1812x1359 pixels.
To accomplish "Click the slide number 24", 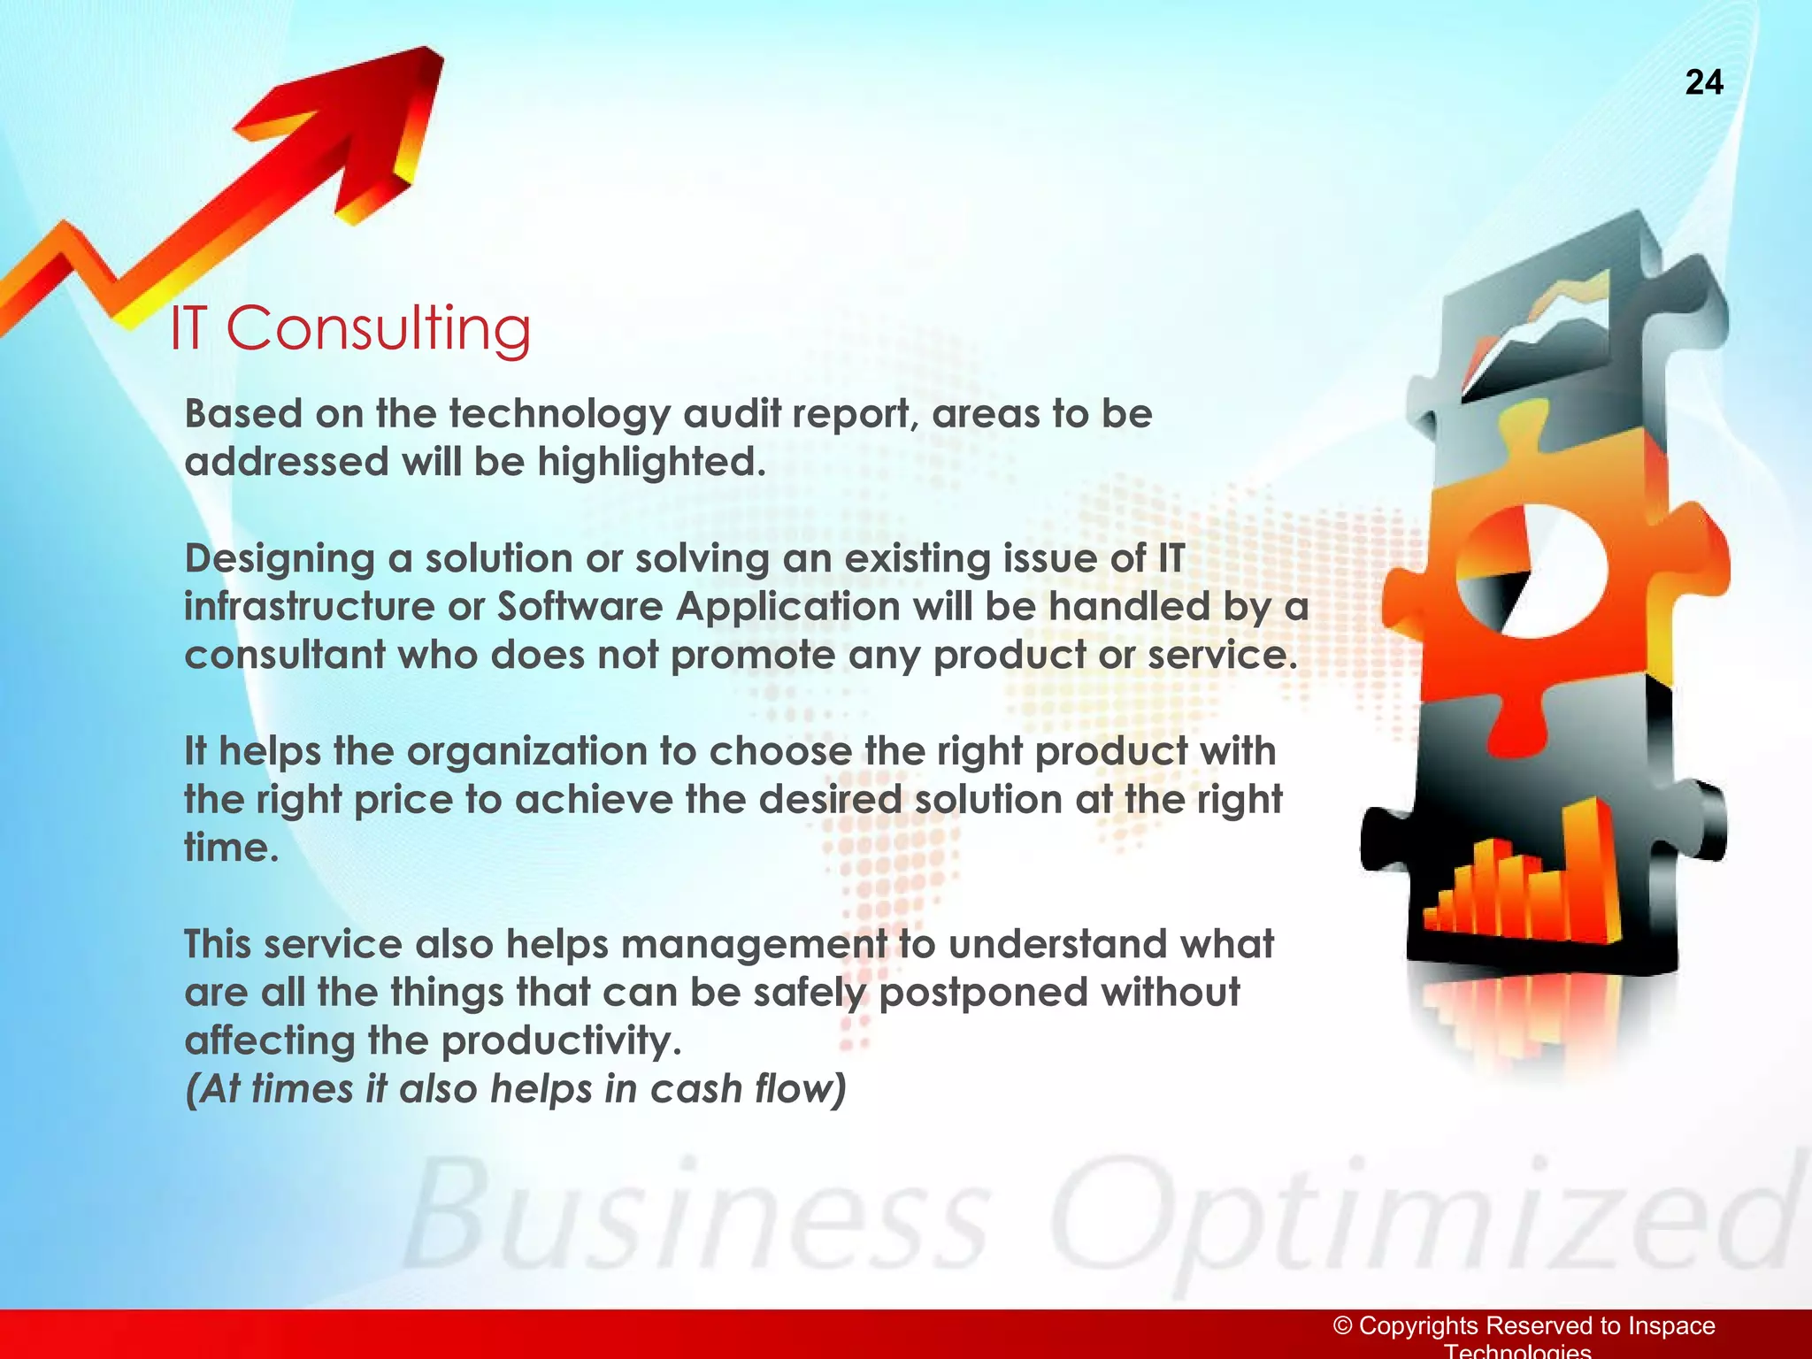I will point(1703,82).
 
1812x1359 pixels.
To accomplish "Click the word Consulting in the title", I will point(378,328).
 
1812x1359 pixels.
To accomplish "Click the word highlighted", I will point(650,462).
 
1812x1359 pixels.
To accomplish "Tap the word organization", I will point(526,752).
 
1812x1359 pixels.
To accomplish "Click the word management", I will point(753,944).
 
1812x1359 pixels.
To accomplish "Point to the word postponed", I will point(982,993).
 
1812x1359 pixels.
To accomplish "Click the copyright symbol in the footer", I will point(1343,1325).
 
